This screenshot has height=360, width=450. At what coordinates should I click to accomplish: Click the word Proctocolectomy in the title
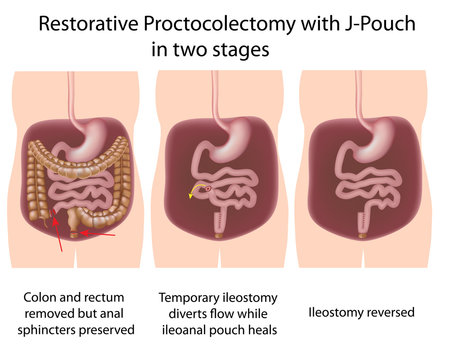click(206, 21)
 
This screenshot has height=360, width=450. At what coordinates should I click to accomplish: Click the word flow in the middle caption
click(223, 312)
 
